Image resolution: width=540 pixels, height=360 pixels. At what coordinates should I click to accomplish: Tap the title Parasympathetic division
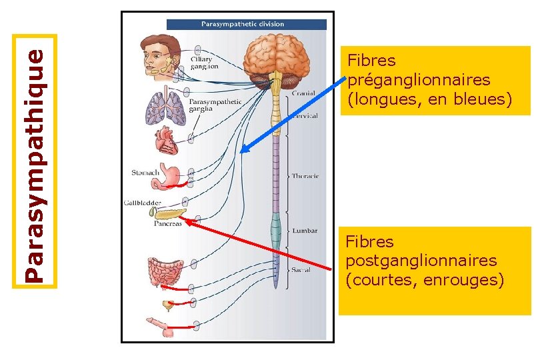(x=243, y=24)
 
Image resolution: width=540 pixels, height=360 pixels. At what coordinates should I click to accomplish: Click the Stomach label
(x=145, y=173)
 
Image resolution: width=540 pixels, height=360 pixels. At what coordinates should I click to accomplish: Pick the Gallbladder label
(x=142, y=202)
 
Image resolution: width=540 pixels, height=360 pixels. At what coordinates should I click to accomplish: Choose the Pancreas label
(x=168, y=224)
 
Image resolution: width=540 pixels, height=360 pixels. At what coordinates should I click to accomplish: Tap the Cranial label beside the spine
(x=303, y=93)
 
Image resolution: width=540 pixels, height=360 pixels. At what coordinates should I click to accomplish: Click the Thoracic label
(x=305, y=176)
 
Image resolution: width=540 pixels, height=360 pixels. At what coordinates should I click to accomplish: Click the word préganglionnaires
(x=419, y=80)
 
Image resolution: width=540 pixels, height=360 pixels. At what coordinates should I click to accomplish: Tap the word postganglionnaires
(x=421, y=260)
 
